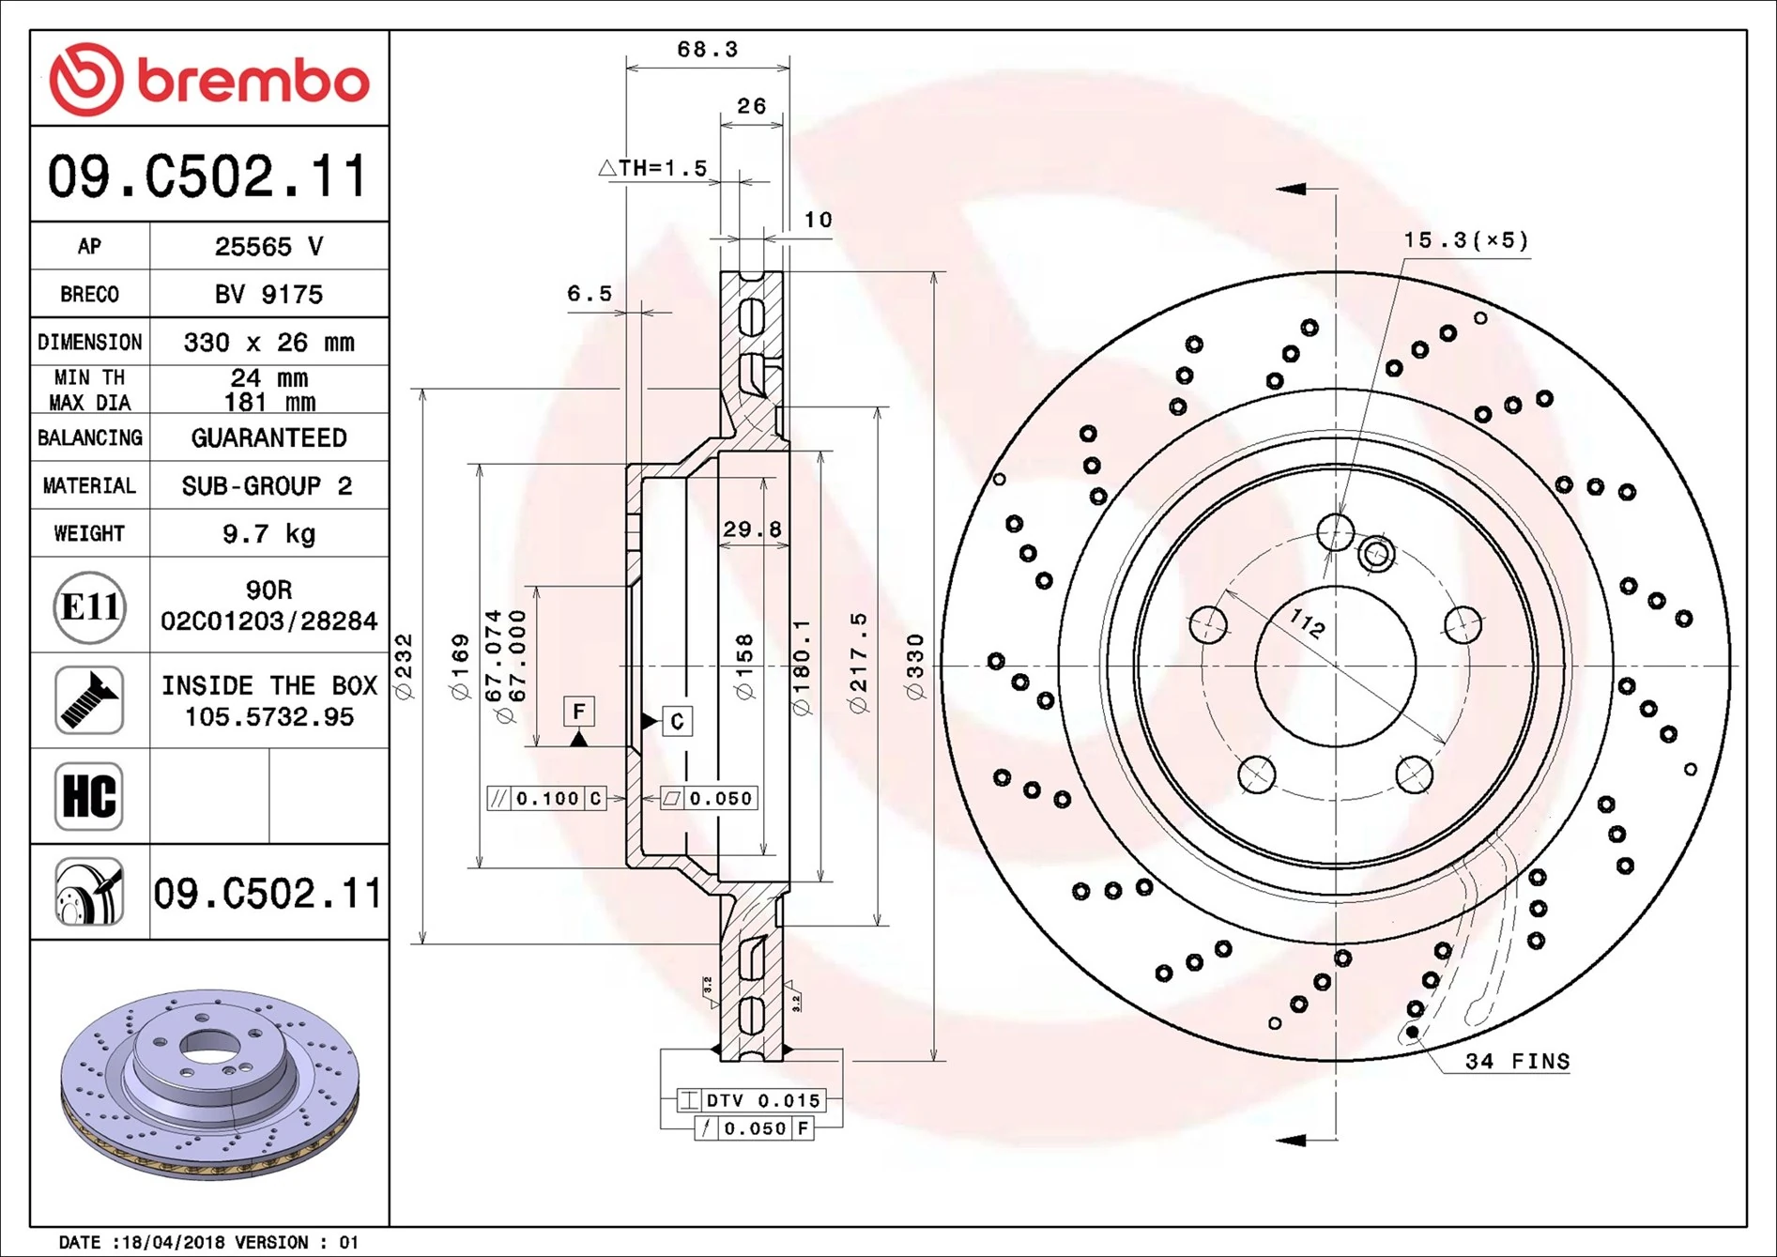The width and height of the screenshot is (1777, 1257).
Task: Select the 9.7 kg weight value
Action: tap(268, 534)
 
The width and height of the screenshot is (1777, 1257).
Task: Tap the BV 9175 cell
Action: tap(268, 295)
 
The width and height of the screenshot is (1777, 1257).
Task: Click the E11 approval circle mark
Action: tap(89, 607)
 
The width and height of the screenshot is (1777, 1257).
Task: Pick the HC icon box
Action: tap(89, 796)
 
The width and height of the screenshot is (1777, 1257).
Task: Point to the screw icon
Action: tap(89, 700)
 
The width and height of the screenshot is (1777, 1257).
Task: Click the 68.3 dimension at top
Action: tap(707, 50)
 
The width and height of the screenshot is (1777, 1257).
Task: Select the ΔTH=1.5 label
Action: tap(653, 168)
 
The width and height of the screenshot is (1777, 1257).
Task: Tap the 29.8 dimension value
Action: tap(752, 529)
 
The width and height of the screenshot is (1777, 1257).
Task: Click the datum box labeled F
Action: tap(579, 712)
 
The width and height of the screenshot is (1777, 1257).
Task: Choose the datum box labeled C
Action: tap(677, 721)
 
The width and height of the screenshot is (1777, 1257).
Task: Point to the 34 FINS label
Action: tap(1517, 1062)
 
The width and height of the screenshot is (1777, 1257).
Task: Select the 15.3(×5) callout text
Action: tap(1465, 240)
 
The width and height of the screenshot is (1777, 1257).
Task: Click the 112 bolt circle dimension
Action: tap(1306, 621)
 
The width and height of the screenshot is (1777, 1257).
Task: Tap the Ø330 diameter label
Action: tap(915, 667)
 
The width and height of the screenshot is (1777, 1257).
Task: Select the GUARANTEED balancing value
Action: tap(268, 438)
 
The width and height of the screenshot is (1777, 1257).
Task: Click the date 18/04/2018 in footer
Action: tap(173, 1242)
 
